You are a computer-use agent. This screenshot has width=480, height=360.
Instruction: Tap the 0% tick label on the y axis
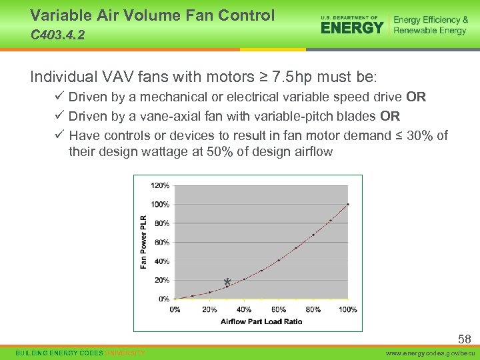tap(164, 299)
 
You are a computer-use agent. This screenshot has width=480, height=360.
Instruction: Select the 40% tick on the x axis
tap(244, 309)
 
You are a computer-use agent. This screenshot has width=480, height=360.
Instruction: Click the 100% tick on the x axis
tap(347, 309)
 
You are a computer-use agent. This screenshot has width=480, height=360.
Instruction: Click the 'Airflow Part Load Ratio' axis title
tap(261, 321)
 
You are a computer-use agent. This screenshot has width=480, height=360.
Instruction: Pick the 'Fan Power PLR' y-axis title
tap(143, 241)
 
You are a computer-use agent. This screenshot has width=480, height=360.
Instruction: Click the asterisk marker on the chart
tap(227, 283)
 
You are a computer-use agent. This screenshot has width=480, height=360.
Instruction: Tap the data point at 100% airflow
tap(347, 204)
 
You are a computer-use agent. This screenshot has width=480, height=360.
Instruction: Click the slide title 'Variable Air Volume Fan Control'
tap(152, 15)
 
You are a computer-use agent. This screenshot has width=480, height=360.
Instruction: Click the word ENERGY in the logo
tap(352, 27)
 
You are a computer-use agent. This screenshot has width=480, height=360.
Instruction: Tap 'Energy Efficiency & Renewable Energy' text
tap(431, 25)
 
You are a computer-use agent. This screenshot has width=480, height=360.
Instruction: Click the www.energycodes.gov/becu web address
tap(432, 352)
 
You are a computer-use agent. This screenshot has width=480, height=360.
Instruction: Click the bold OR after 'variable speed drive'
tap(416, 97)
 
